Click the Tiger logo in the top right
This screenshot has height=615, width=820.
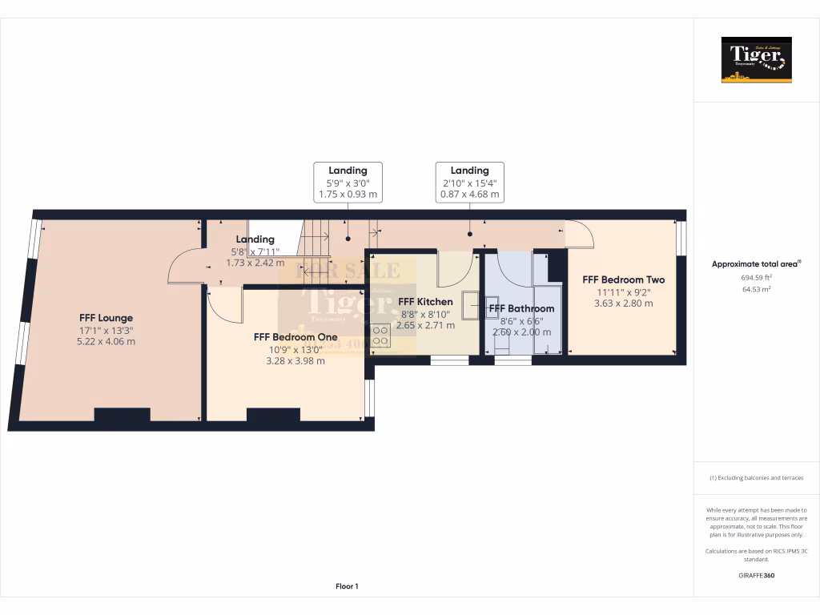tap(756, 59)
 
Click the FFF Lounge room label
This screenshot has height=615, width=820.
tap(106, 318)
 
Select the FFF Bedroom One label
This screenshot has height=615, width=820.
tap(295, 337)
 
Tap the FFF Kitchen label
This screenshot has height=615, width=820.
tap(425, 302)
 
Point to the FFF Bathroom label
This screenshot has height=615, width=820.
tap(521, 308)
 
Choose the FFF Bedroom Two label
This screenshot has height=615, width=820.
tap(623, 280)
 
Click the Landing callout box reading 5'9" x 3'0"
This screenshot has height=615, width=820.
tap(348, 182)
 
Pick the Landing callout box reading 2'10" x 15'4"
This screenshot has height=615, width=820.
tap(469, 182)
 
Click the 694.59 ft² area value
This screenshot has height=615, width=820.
tap(756, 277)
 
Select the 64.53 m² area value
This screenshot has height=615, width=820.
tap(756, 289)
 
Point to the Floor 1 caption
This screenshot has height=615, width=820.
tap(347, 586)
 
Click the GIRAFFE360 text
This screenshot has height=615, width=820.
tap(756, 575)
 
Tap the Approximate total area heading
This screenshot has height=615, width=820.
tap(756, 263)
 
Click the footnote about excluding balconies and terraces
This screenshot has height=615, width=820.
tap(756, 478)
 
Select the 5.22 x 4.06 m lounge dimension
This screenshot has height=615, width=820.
tap(106, 341)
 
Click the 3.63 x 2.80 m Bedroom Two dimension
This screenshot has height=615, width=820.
tap(623, 303)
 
